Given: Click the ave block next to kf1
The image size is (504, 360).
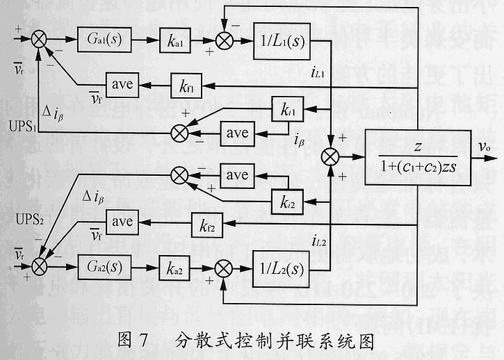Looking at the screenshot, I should [122, 85].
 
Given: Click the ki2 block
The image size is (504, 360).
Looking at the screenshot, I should [288, 203].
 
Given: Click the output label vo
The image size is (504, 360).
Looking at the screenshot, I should [485, 147].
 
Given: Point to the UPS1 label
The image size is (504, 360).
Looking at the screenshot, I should [22, 130].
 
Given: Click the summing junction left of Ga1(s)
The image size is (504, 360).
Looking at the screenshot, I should [39, 39].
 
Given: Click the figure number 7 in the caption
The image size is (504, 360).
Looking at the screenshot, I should [143, 341].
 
